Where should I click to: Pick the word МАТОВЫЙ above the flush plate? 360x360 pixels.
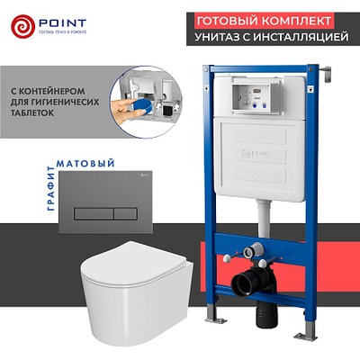pyautogui.click(x=85, y=163)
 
